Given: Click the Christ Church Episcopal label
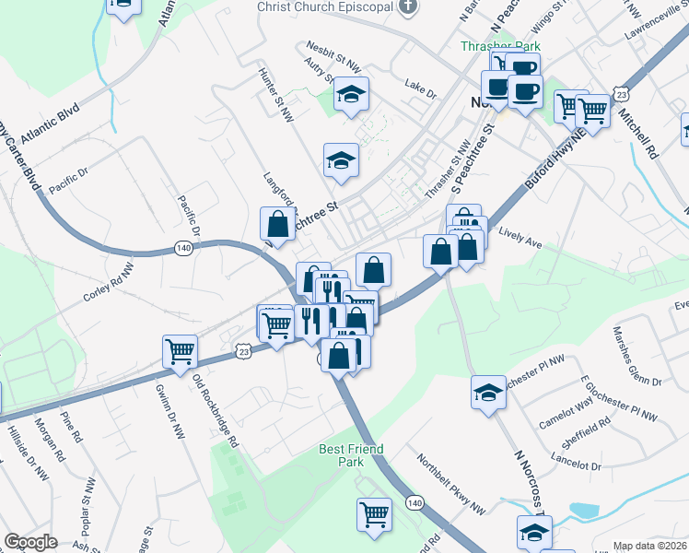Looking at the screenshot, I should tap(327, 7).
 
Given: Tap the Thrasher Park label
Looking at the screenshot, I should tap(500, 45).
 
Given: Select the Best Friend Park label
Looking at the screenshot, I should tap(351, 455).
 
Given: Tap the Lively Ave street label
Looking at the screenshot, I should tap(520, 236).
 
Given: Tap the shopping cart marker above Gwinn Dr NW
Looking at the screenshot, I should tap(181, 350).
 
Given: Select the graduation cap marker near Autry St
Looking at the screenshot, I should tap(351, 94).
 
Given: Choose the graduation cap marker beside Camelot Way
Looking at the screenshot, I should tap(488, 392).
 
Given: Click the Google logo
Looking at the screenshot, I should tap(30, 542).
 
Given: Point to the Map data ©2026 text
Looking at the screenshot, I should tap(650, 546).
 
